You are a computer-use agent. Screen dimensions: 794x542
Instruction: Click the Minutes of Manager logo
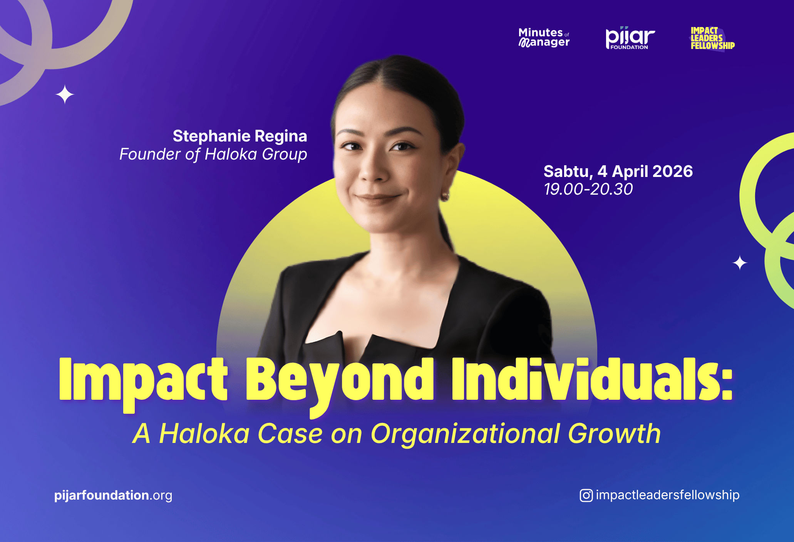[544, 38]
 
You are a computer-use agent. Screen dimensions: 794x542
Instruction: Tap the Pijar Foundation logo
[630, 38]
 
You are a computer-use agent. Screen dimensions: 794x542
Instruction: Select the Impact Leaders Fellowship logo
[712, 38]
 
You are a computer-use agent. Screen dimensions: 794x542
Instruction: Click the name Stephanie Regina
[240, 136]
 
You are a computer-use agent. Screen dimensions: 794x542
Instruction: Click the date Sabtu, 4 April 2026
[618, 172]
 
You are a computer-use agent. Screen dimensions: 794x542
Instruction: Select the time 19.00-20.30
[588, 189]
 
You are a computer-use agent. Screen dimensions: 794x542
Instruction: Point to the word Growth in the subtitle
[615, 433]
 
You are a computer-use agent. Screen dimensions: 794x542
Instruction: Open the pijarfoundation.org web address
[113, 495]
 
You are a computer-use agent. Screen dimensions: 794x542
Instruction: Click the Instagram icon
[586, 495]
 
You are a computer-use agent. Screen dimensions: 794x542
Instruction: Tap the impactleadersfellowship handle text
[668, 495]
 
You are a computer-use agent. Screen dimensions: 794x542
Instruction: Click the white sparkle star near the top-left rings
[65, 94]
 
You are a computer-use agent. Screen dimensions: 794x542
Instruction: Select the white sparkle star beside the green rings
[740, 263]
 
